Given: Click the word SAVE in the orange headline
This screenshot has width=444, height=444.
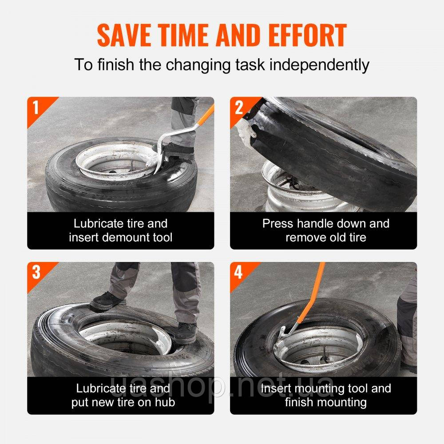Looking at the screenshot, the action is pos(124,35).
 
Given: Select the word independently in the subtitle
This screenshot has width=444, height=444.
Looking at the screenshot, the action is pos(319,65).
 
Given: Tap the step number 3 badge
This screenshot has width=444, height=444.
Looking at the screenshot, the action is pos(36,272).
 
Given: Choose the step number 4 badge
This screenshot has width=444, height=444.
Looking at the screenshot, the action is pos(238,272).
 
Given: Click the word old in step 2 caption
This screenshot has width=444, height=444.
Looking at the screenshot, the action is pos(338,237).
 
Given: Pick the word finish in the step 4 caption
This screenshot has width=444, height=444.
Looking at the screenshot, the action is pos(300,402).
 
